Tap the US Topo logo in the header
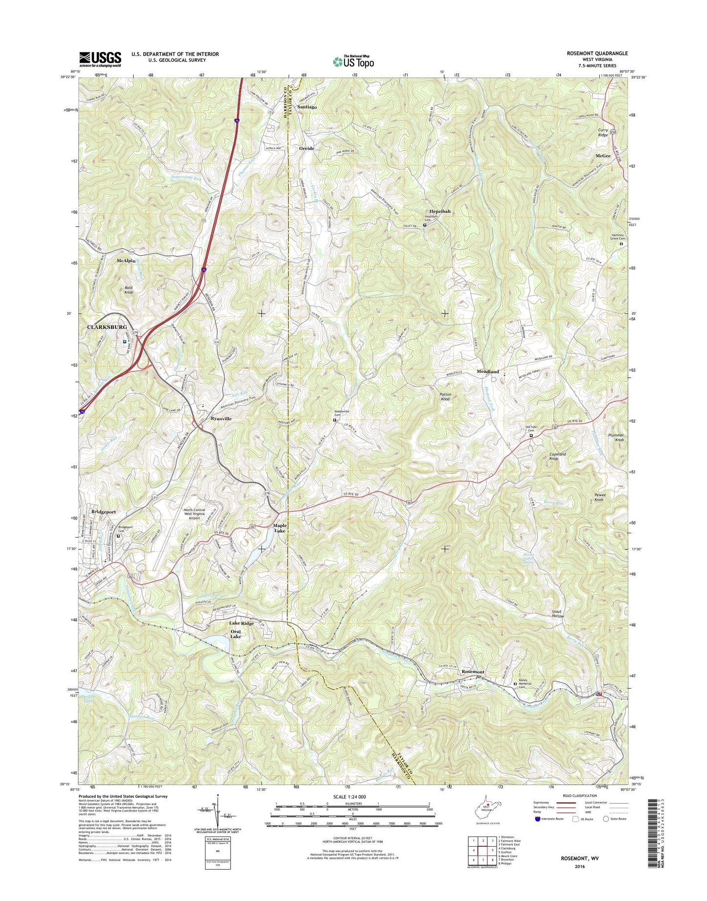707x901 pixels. click(x=353, y=62)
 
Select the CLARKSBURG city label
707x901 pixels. click(x=107, y=327)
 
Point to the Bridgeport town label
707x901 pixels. click(x=103, y=512)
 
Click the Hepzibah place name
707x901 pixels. click(x=440, y=211)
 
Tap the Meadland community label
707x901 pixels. click(x=487, y=372)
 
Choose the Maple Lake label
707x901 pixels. click(x=279, y=528)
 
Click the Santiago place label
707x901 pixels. click(x=307, y=107)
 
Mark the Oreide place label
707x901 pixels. click(x=307, y=148)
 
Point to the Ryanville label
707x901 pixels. click(x=221, y=419)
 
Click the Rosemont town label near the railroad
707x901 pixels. click(x=473, y=672)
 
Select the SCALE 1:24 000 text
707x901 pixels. click(x=349, y=796)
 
